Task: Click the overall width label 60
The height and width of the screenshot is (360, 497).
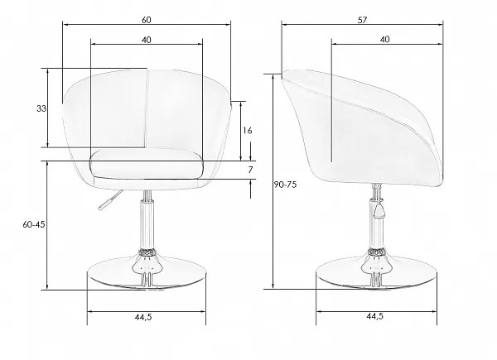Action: coord(146,20)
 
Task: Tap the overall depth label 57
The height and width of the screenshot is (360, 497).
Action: coord(362,20)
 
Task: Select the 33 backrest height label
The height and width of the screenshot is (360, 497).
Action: coord(41,108)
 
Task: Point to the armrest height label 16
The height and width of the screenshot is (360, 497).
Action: coord(248,130)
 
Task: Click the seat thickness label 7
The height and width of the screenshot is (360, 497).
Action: coord(250,170)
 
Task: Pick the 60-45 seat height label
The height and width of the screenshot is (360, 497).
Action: coord(34,224)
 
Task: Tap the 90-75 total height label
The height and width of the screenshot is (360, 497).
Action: coord(285,185)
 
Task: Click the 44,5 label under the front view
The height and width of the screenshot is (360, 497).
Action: coord(143,317)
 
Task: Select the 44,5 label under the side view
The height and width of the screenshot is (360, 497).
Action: coord(375,316)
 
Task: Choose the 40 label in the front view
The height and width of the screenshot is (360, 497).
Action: coord(146,40)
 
